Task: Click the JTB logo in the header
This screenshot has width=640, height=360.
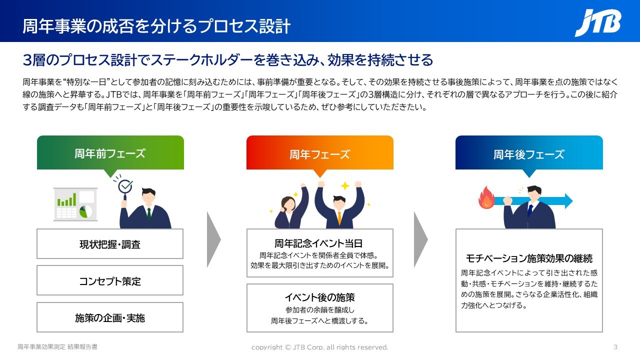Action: tap(597, 23)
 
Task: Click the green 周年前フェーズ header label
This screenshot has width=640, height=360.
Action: tap(110, 153)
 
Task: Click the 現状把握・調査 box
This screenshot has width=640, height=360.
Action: tap(110, 244)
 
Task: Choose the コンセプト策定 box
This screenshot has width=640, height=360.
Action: tap(110, 280)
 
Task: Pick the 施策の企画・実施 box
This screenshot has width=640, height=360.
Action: tap(110, 317)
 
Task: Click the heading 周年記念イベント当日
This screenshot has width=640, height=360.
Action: tap(318, 243)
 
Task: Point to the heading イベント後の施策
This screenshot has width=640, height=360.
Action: tap(319, 297)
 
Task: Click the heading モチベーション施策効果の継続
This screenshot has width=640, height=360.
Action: tap(529, 258)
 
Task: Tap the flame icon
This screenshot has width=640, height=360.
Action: tap(486, 197)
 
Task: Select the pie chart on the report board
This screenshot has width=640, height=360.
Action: tap(85, 211)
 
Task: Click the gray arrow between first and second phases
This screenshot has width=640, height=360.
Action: tap(213, 239)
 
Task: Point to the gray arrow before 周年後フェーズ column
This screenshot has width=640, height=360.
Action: tap(420, 239)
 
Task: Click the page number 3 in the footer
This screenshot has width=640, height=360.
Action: tap(615, 347)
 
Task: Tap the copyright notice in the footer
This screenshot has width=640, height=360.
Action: tap(319, 347)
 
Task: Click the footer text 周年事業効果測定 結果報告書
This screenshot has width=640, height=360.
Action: tap(57, 347)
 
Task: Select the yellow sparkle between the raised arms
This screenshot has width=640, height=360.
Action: tap(345, 185)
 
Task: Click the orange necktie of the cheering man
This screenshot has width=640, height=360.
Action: tap(339, 217)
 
